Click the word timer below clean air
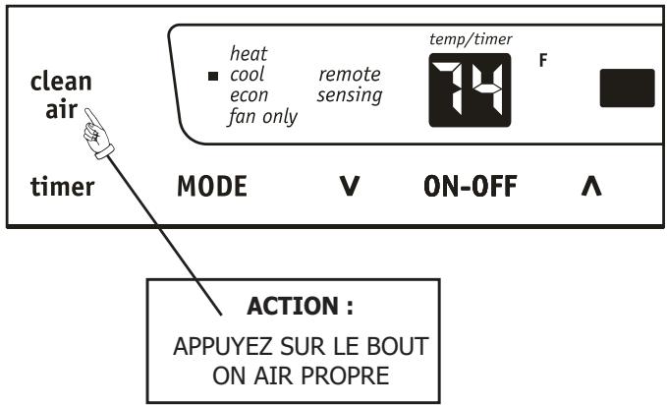57,187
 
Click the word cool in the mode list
247,73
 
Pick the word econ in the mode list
248,94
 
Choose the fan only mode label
262,116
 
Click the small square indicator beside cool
215,75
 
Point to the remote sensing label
349,84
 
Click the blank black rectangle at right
628,88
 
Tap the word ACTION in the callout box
281,308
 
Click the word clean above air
55,84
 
